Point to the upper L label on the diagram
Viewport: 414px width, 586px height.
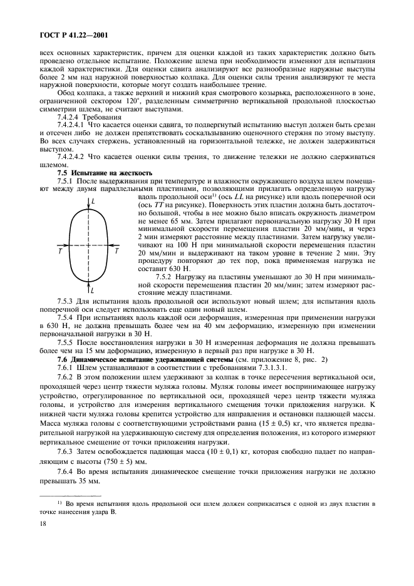coord(94,202)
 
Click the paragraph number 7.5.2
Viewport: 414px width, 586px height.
coord(164,277)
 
